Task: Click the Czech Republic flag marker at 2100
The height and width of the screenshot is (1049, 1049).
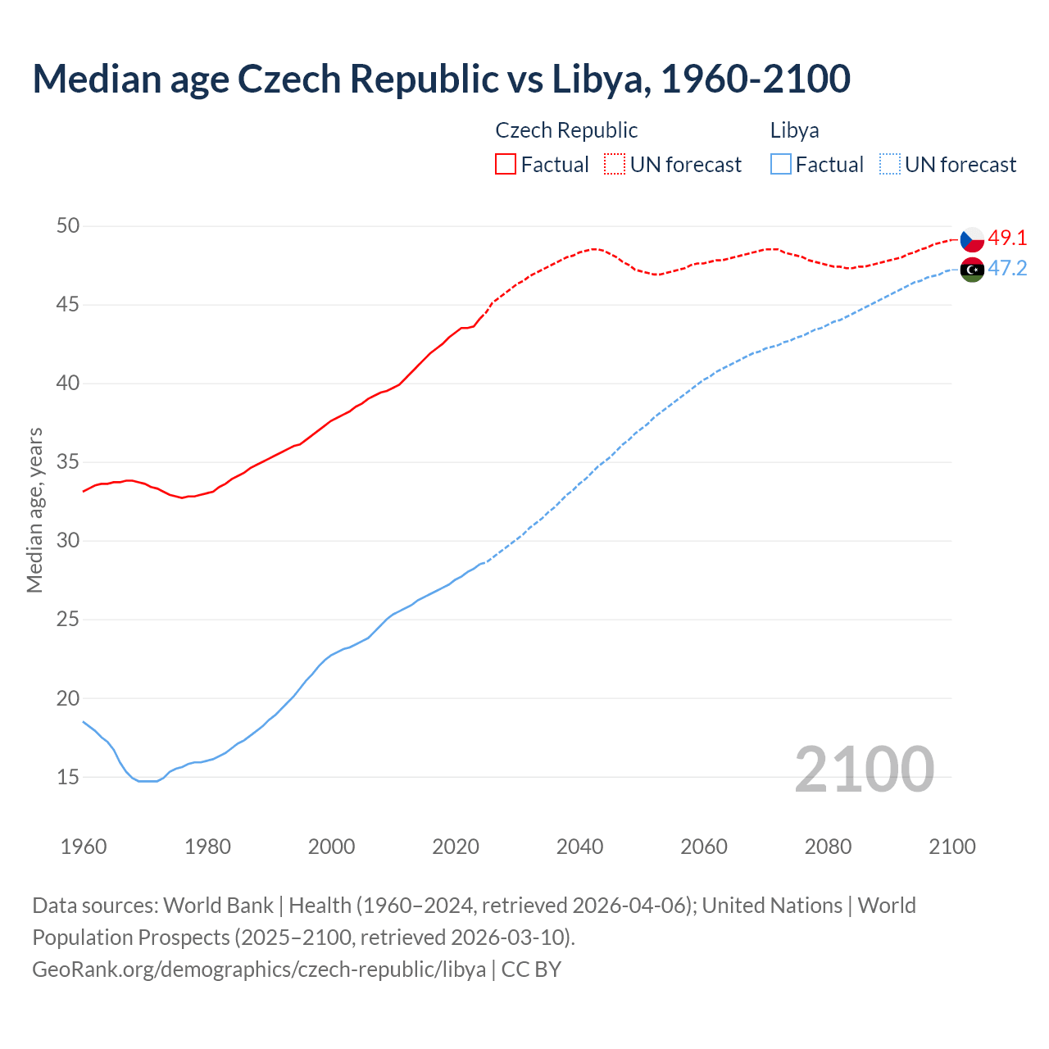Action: tap(972, 239)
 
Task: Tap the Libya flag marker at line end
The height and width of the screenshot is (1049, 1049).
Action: tap(972, 269)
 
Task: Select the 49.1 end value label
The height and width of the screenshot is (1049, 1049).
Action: tap(1007, 238)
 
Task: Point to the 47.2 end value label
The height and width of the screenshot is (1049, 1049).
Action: tap(1007, 269)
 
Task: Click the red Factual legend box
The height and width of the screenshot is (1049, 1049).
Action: tap(506, 164)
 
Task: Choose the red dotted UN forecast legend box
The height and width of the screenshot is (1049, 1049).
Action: tap(615, 164)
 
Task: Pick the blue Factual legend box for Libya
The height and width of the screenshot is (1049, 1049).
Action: tap(781, 164)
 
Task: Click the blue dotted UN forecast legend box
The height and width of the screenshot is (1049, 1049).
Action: tap(890, 164)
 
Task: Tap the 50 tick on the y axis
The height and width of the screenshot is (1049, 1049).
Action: tap(68, 225)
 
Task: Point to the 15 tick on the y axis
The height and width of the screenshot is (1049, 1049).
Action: tap(68, 777)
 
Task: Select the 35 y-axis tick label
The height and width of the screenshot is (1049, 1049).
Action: tap(68, 462)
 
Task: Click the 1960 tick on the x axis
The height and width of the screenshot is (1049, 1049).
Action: tap(84, 847)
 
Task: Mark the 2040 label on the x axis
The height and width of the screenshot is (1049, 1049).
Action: tap(579, 847)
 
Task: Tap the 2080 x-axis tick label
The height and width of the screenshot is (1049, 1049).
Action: tap(828, 847)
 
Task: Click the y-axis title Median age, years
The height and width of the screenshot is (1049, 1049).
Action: tap(34, 510)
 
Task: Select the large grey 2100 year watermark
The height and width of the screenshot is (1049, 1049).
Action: tap(864, 769)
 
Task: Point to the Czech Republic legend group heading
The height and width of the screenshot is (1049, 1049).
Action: tap(566, 130)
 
